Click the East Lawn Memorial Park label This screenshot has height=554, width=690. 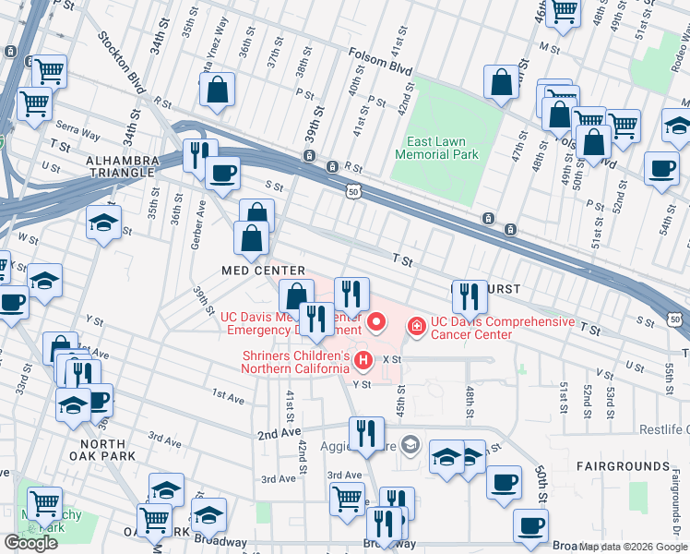pyautogui.click(x=436, y=148)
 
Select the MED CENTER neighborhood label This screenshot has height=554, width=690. pyautogui.click(x=263, y=270)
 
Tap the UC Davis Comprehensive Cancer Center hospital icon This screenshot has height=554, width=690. pyautogui.click(x=416, y=326)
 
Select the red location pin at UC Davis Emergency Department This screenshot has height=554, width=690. pyautogui.click(x=376, y=322)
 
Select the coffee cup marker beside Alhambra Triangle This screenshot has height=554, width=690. pyautogui.click(x=221, y=172)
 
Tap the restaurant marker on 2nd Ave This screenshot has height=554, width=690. pyautogui.click(x=366, y=432)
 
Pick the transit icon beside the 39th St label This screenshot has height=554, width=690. pyautogui.click(x=331, y=166)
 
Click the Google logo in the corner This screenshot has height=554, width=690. pyautogui.click(x=30, y=542)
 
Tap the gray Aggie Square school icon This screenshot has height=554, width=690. pyautogui.click(x=410, y=446)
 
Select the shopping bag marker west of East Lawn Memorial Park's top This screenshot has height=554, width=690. pyautogui.click(x=502, y=82)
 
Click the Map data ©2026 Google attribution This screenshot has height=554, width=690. pyautogui.click(x=634, y=547)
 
